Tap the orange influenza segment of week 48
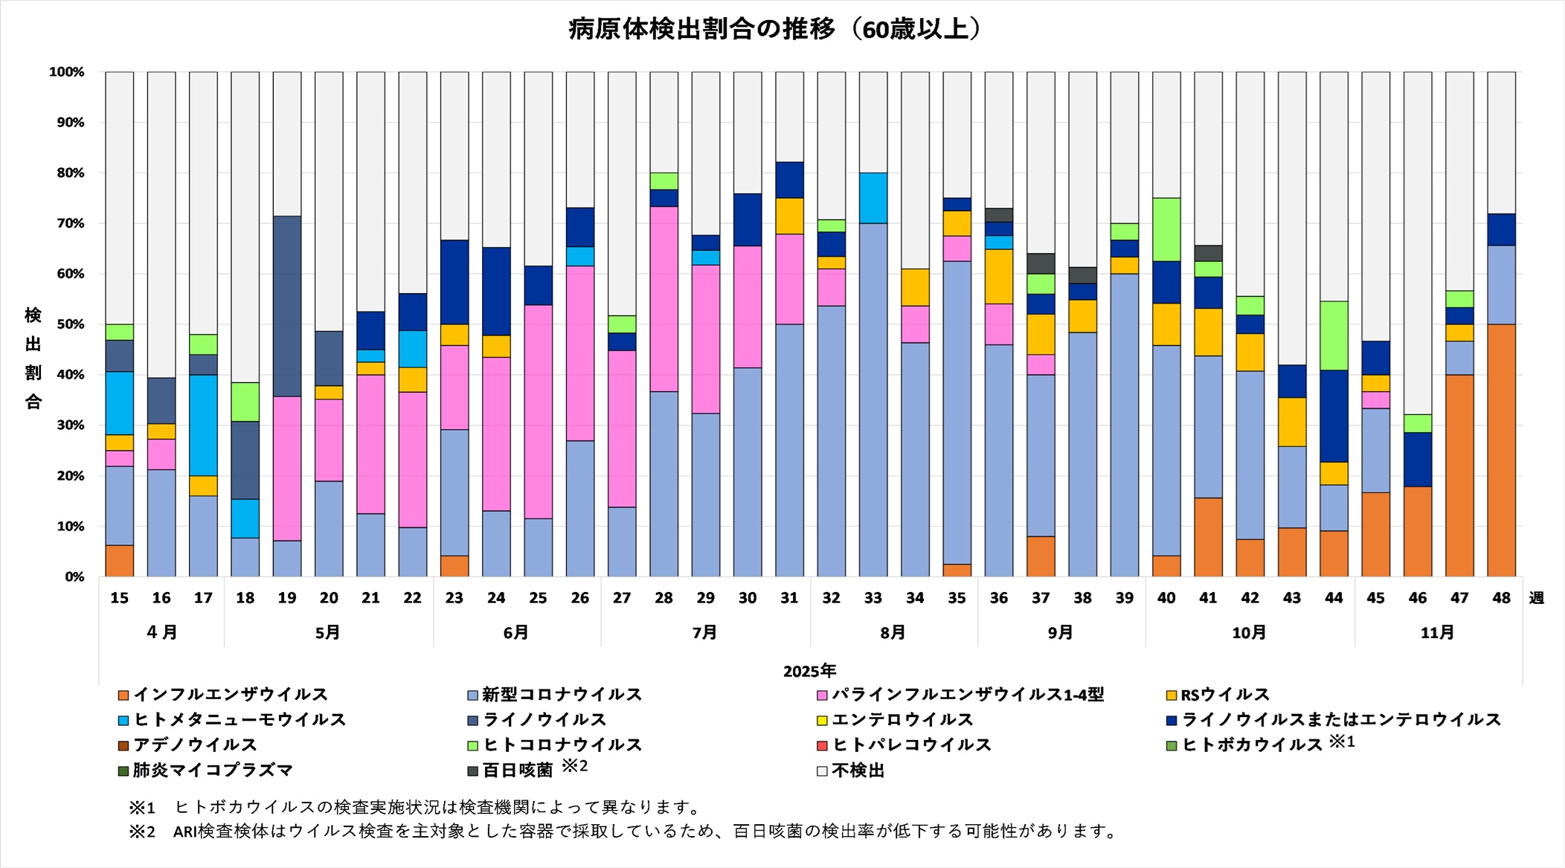pyautogui.click(x=1501, y=450)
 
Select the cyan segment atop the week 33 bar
pyautogui.click(x=873, y=198)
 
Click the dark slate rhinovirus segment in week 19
pyautogui.click(x=287, y=306)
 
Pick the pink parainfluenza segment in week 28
pyautogui.click(x=663, y=299)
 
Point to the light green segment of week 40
pyautogui.click(x=1166, y=229)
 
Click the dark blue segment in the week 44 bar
pyautogui.click(x=1334, y=416)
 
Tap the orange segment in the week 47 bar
pyautogui.click(x=1459, y=475)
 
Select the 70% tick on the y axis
pyautogui.click(x=71, y=223)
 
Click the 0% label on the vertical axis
pyautogui.click(x=74, y=577)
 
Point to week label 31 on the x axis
pyautogui.click(x=789, y=598)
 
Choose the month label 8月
pyautogui.click(x=893, y=632)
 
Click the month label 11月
pyautogui.click(x=1437, y=632)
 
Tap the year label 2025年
pyautogui.click(x=809, y=671)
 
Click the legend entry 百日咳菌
pyautogui.click(x=518, y=771)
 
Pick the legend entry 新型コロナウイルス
pyautogui.click(x=562, y=695)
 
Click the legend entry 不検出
pyautogui.click(x=858, y=771)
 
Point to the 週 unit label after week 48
pyautogui.click(x=1537, y=598)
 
